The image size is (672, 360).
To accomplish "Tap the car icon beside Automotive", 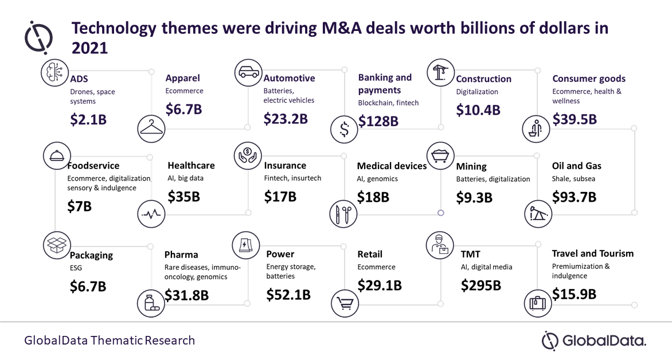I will point(248,73).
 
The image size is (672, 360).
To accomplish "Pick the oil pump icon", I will point(538,214).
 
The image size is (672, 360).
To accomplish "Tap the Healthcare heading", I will point(191,166).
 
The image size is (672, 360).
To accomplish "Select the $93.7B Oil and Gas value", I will point(574,197).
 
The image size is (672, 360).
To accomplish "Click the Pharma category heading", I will point(181,255).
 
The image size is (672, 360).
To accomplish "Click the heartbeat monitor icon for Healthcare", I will point(152,215).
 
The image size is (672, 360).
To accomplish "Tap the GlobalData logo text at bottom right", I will point(603,341).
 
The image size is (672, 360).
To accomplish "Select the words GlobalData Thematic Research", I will point(110,341).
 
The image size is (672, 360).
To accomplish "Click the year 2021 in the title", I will point(89,48).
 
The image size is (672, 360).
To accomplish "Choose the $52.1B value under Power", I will point(288,295).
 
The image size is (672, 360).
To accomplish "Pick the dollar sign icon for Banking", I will point(345,130).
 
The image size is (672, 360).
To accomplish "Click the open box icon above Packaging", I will point(56,245).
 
